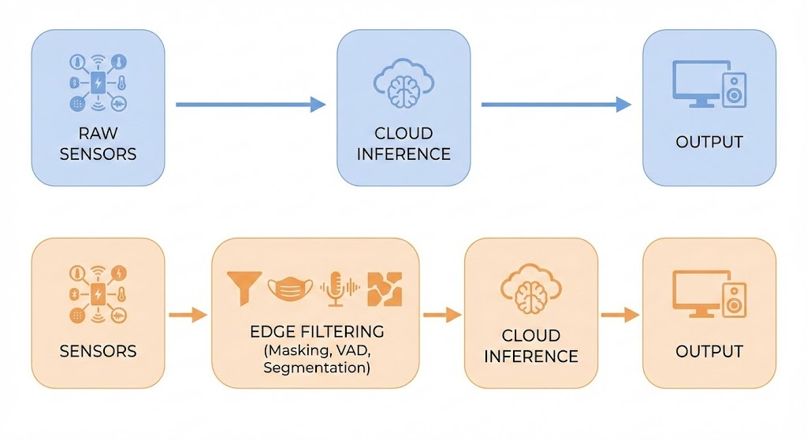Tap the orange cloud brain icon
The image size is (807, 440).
[530, 290]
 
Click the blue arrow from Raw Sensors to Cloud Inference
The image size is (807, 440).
[250, 104]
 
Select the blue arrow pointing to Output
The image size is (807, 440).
[556, 104]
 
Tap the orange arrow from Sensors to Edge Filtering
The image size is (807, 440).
[188, 315]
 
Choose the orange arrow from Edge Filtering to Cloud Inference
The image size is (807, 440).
[441, 315]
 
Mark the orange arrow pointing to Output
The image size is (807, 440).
[619, 315]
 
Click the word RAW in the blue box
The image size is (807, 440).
[98, 133]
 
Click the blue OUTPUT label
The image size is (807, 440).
[709, 142]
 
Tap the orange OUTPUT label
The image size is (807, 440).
[709, 350]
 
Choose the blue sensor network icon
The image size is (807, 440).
[99, 82]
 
